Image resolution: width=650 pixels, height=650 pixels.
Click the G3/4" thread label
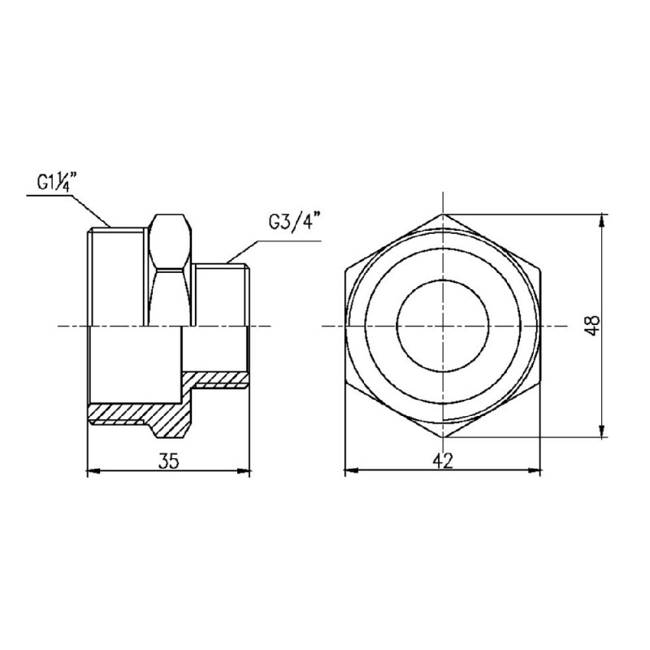pos(294,222)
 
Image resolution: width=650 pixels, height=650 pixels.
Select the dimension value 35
pos(168,461)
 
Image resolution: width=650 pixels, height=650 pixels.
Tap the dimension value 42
pos(443,461)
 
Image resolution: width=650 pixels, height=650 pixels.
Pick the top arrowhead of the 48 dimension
pos(602,219)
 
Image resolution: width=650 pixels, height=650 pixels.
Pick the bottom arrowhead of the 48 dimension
pos(602,431)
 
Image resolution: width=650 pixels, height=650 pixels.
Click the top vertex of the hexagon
pos(443,214)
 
